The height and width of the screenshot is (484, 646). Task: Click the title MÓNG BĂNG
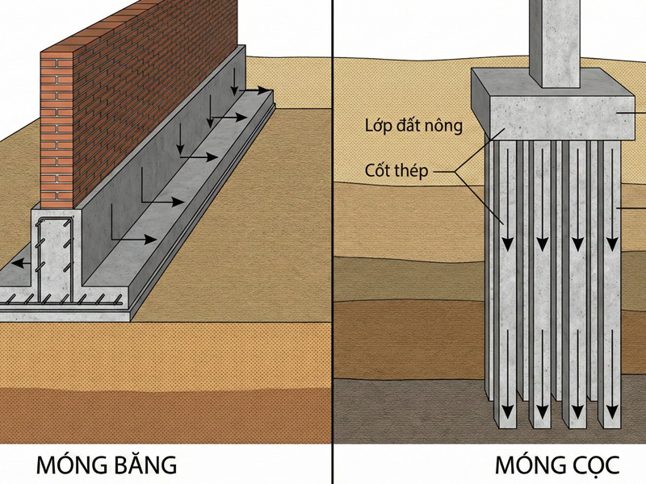tap(106, 465)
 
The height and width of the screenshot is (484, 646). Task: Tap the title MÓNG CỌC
tap(557, 465)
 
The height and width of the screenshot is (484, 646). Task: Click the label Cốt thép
tap(395, 171)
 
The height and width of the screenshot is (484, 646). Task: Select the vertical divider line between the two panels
tap(333, 242)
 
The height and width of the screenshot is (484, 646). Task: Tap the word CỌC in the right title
tap(592, 465)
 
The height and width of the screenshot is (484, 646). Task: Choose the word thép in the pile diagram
tap(413, 171)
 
